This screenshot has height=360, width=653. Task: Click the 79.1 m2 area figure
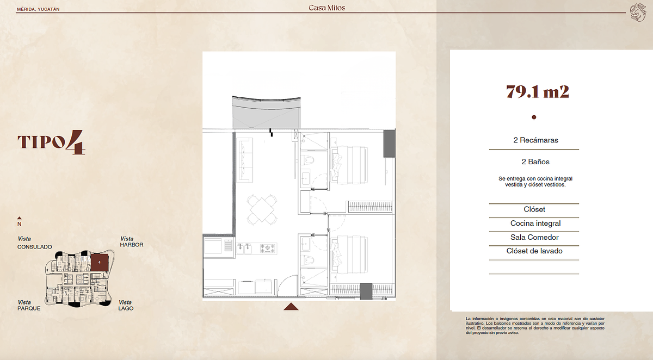[537, 92]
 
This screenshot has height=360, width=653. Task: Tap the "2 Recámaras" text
[535, 140]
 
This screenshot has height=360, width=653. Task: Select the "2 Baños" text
[535, 162]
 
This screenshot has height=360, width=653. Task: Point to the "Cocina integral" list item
[535, 223]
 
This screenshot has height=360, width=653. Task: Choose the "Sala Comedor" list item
[534, 237]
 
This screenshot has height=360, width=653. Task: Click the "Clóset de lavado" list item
[534, 251]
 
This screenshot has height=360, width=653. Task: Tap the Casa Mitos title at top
[327, 8]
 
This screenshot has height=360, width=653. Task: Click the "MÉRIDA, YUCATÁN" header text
[38, 9]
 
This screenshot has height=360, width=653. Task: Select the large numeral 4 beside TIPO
[76, 142]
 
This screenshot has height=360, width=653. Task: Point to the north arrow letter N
[19, 224]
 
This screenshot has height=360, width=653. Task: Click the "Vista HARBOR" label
[132, 242]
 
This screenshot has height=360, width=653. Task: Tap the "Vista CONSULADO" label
[34, 243]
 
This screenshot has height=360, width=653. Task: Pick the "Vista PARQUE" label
[29, 305]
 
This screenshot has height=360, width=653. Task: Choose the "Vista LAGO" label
[126, 305]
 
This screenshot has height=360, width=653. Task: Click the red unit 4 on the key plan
[100, 263]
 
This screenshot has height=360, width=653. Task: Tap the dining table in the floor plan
[262, 210]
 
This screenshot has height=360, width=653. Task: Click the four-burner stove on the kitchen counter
[268, 249]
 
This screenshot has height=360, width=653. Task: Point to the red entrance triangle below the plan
[291, 306]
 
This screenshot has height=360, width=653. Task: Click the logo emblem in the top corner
[638, 13]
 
